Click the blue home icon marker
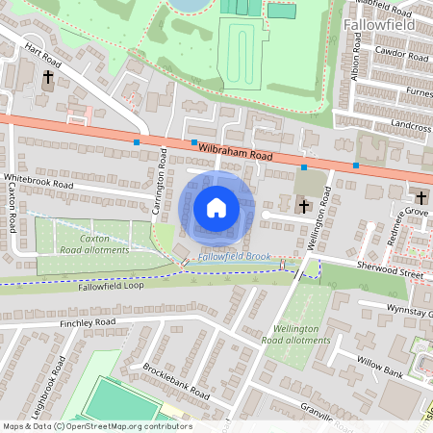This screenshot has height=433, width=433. point(216,207)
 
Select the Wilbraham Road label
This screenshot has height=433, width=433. point(237,151)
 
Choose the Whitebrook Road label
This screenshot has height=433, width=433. point(38,182)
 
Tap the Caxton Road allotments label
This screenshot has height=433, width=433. point(94,243)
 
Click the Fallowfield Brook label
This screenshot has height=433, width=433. point(234,257)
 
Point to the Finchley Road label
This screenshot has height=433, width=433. point(87,321)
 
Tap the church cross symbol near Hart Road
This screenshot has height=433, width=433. point(48,77)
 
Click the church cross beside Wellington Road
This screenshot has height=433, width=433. point(303,205)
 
